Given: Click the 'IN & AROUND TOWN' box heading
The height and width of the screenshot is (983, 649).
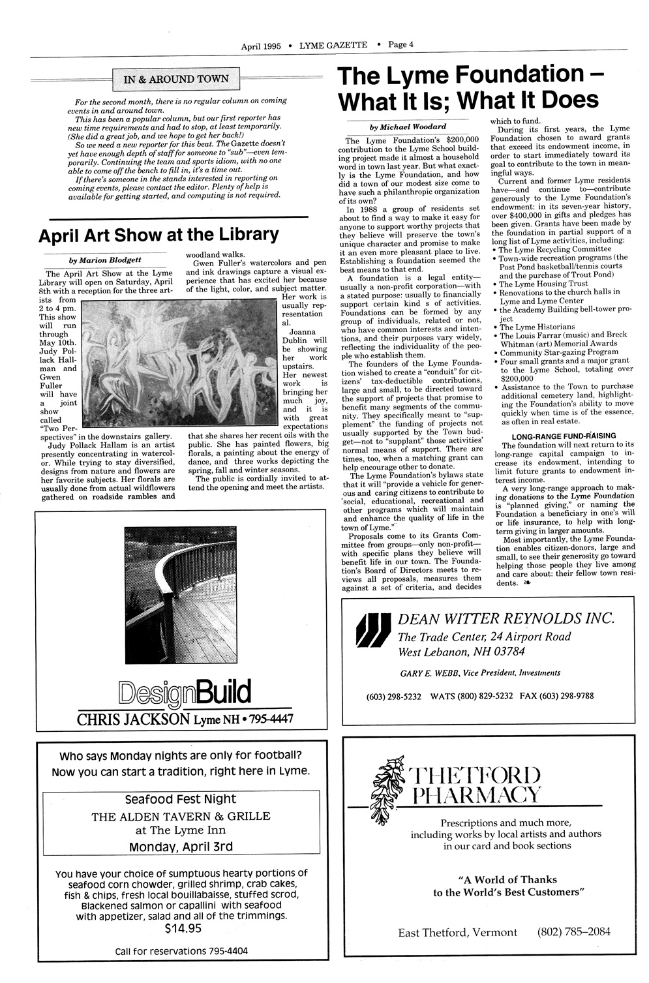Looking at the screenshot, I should click(176, 80).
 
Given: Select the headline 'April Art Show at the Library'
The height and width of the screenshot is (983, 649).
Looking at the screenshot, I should click(158, 234).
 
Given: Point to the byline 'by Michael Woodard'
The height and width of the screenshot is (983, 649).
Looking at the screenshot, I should click(408, 127).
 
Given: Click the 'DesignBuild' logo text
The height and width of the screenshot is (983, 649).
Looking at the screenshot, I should click(185, 691).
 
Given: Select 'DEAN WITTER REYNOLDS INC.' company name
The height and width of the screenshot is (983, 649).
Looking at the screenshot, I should click(506, 618).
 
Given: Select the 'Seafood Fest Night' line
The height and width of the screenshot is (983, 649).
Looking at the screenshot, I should click(181, 799).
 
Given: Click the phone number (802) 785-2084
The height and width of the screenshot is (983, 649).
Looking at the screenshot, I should click(574, 931).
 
